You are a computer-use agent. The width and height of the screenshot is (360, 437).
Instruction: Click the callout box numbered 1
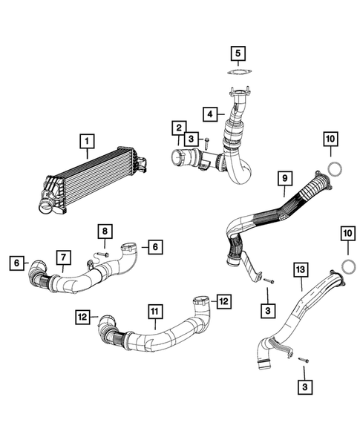pos(87,139)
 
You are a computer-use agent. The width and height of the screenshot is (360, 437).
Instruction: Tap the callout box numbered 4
pos(210,114)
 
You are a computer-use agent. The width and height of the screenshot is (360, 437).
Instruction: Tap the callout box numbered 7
pos(65,257)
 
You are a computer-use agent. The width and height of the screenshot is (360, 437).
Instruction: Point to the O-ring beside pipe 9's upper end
pos(335,168)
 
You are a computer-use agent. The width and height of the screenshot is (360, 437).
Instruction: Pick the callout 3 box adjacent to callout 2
pos(192,138)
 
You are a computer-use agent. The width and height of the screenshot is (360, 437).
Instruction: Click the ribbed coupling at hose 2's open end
pos(179,157)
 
